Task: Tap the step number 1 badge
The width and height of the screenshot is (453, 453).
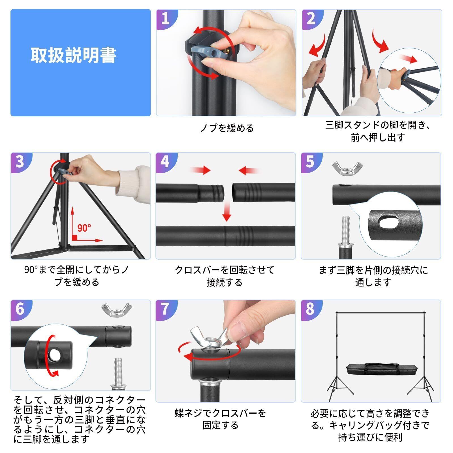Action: [166, 19]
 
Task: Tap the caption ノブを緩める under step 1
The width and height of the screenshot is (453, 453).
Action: [227, 128]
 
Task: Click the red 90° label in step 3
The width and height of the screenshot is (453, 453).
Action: [84, 228]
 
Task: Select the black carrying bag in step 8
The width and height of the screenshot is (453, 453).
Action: [370, 369]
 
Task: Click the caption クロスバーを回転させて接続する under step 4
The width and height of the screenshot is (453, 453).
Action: [225, 276]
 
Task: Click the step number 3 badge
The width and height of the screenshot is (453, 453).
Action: [20, 162]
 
